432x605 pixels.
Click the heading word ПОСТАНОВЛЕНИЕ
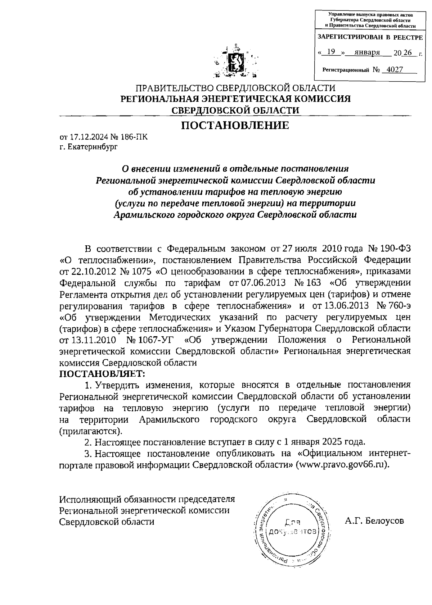click(235, 126)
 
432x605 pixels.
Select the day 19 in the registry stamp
click(331, 52)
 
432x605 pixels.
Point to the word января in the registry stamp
click(367, 52)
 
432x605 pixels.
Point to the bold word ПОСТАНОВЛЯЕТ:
click(102, 373)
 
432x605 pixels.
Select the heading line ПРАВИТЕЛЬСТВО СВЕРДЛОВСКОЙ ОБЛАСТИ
click(235, 88)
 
